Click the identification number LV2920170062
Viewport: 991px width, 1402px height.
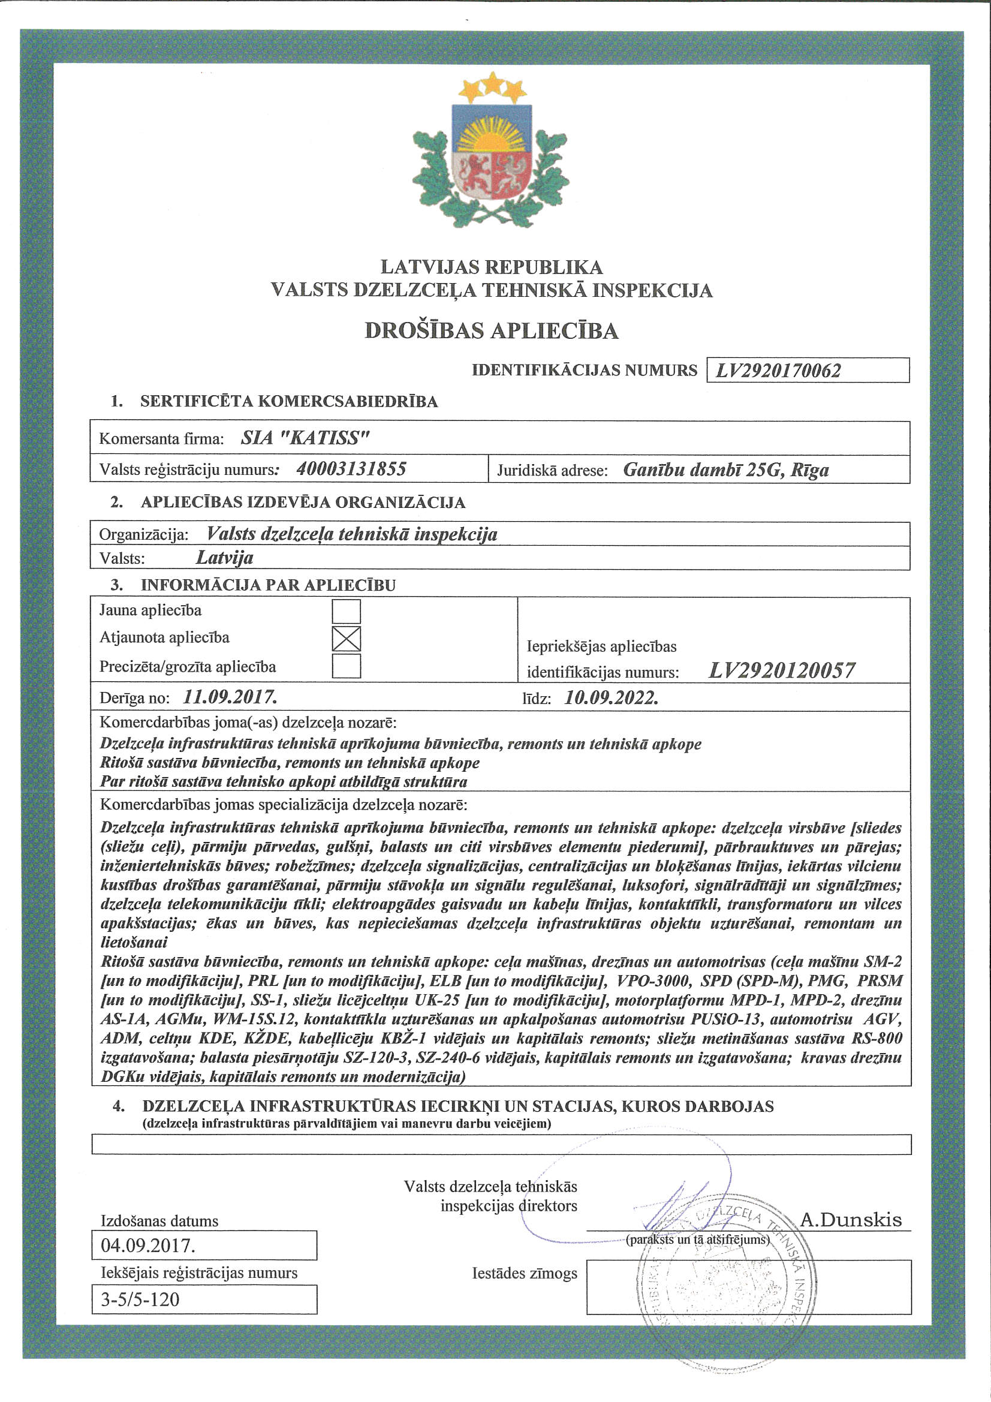[778, 371]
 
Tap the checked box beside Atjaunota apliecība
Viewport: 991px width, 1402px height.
[346, 639]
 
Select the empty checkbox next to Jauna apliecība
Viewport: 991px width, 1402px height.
[346, 611]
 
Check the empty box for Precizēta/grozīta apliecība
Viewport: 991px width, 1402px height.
[346, 666]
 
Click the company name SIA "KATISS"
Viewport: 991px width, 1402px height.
[305, 438]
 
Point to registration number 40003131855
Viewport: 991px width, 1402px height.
[351, 469]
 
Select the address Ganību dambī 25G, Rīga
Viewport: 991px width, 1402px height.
[725, 470]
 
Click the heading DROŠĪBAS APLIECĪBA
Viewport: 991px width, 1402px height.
[492, 331]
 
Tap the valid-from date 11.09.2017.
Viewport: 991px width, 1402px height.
[230, 697]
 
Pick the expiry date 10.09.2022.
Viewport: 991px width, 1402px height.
[610, 697]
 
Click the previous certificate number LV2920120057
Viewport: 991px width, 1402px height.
[782, 670]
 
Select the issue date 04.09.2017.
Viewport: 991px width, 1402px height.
[148, 1245]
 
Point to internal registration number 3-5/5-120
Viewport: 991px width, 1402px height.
[140, 1299]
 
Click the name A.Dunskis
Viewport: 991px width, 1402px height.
[851, 1220]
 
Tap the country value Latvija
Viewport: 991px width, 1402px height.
[224, 558]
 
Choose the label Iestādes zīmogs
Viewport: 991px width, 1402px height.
[524, 1273]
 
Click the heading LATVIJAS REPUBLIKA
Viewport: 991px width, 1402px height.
[492, 267]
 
